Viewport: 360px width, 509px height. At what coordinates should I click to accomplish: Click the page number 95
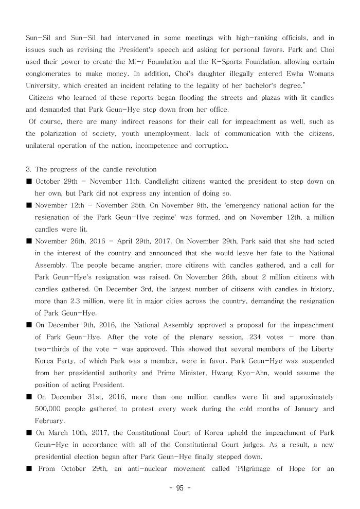179,488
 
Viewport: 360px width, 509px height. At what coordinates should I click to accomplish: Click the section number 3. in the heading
29,169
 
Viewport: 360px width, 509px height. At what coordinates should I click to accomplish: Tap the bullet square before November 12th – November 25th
29,205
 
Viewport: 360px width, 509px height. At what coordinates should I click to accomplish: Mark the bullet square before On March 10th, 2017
29,433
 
